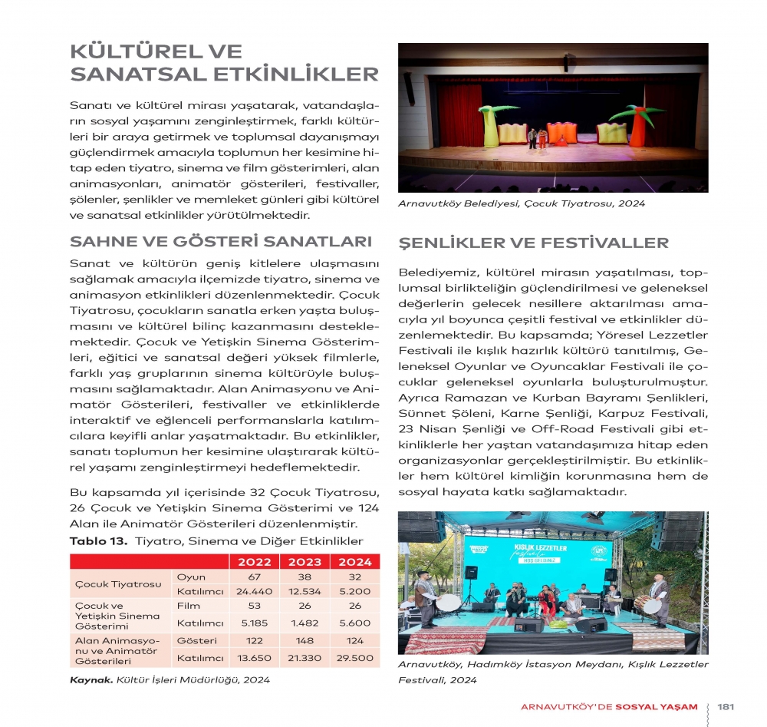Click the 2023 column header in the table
tap(304, 561)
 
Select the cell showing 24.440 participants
tap(255, 591)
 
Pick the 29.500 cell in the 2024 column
tap(354, 657)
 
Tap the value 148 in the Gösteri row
tap(304, 640)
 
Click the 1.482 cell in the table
tap(304, 623)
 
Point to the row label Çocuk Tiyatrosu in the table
tap(118, 583)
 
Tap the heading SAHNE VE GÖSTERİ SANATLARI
tap(221, 242)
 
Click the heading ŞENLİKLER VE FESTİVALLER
tap(534, 243)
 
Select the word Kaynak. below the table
tap(91, 679)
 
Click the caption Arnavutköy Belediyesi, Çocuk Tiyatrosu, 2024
tap(522, 203)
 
